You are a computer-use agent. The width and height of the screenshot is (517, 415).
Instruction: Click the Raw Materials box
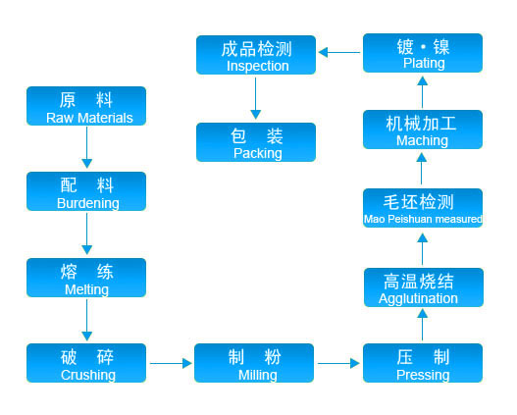pyautogui.click(x=86, y=106)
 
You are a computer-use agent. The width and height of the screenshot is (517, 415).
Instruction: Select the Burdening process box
pyautogui.click(x=86, y=191)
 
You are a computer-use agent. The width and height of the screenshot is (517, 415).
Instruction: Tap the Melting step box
pyautogui.click(x=86, y=278)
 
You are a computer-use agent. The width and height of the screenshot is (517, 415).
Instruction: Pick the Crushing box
pyautogui.click(x=86, y=363)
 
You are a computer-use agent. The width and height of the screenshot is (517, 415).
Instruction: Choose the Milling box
pyautogui.click(x=254, y=363)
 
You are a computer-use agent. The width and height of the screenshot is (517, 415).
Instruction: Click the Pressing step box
pyautogui.click(x=423, y=363)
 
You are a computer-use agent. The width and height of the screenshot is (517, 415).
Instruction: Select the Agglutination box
pyautogui.click(x=424, y=287)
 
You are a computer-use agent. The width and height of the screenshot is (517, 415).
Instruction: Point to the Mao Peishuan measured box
pyautogui.click(x=423, y=208)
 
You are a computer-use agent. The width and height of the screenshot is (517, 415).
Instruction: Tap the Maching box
pyautogui.click(x=423, y=130)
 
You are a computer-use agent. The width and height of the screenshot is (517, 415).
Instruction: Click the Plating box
pyautogui.click(x=423, y=53)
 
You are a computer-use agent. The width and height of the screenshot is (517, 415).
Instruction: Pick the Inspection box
pyautogui.click(x=256, y=55)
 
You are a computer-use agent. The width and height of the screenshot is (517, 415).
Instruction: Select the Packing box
pyautogui.click(x=256, y=142)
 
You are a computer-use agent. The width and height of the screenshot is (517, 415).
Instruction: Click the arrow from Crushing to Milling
pyautogui.click(x=171, y=363)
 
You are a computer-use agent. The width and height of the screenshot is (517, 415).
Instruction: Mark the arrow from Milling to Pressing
pyautogui.click(x=338, y=363)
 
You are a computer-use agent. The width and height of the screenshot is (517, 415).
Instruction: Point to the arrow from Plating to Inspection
pyautogui.click(x=339, y=52)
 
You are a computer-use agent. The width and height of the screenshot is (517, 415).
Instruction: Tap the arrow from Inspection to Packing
pyautogui.click(x=255, y=98)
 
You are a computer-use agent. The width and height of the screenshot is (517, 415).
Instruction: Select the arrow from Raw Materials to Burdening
pyautogui.click(x=86, y=147)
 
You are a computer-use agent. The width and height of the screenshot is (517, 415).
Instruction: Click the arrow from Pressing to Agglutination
pyautogui.click(x=423, y=325)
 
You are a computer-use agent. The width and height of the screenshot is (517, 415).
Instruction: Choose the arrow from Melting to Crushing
pyautogui.click(x=86, y=320)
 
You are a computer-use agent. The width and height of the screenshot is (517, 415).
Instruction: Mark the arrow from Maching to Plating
pyautogui.click(x=423, y=92)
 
